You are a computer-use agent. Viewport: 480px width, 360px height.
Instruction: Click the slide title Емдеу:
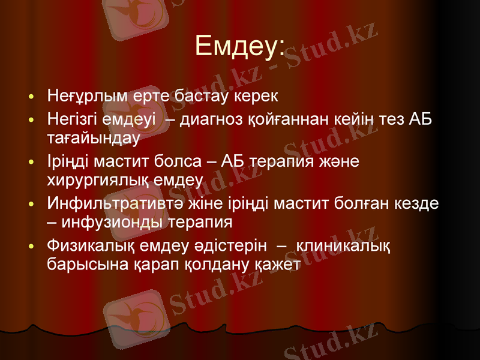(239, 47)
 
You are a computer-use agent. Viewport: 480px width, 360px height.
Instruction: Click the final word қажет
(280, 264)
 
